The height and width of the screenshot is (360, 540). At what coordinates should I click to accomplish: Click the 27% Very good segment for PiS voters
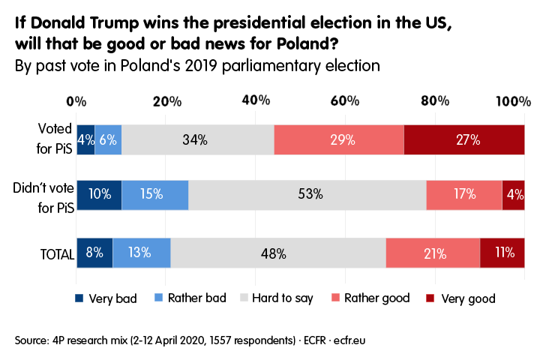[x=463, y=139]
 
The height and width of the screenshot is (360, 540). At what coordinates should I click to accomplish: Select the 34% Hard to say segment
[x=197, y=139]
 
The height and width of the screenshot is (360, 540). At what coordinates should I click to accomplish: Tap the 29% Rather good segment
[x=338, y=139]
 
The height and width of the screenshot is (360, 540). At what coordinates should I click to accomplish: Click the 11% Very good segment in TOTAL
[x=502, y=253]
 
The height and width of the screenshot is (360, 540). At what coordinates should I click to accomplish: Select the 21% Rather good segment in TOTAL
[x=433, y=253]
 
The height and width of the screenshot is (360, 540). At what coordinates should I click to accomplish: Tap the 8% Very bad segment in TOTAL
[x=94, y=253]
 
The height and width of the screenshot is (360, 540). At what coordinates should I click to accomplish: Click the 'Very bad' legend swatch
[x=79, y=298]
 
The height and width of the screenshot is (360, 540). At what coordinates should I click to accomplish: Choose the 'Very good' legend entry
[x=469, y=298]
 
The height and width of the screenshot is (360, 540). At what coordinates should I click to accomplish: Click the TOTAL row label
[x=56, y=253]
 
